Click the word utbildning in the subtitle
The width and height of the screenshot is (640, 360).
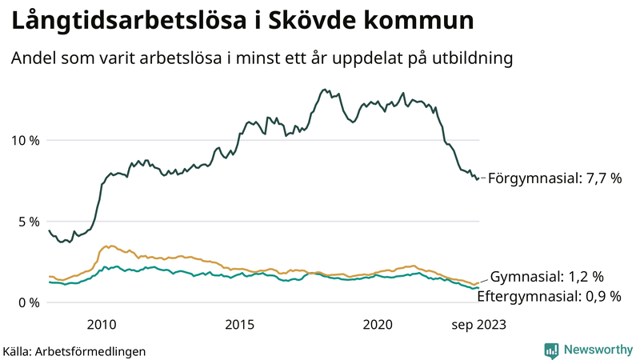[x=472, y=59]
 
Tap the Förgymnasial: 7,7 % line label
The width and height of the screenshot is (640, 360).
[x=554, y=179]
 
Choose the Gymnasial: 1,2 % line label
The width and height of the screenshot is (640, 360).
[x=546, y=277]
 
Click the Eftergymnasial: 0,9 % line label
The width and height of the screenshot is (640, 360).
[x=549, y=296]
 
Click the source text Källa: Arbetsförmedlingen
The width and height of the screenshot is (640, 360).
[x=74, y=350]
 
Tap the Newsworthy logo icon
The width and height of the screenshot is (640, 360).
[x=551, y=350]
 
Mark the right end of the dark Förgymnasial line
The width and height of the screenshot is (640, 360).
[x=478, y=178]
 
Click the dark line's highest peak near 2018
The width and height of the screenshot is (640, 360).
[x=324, y=90]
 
